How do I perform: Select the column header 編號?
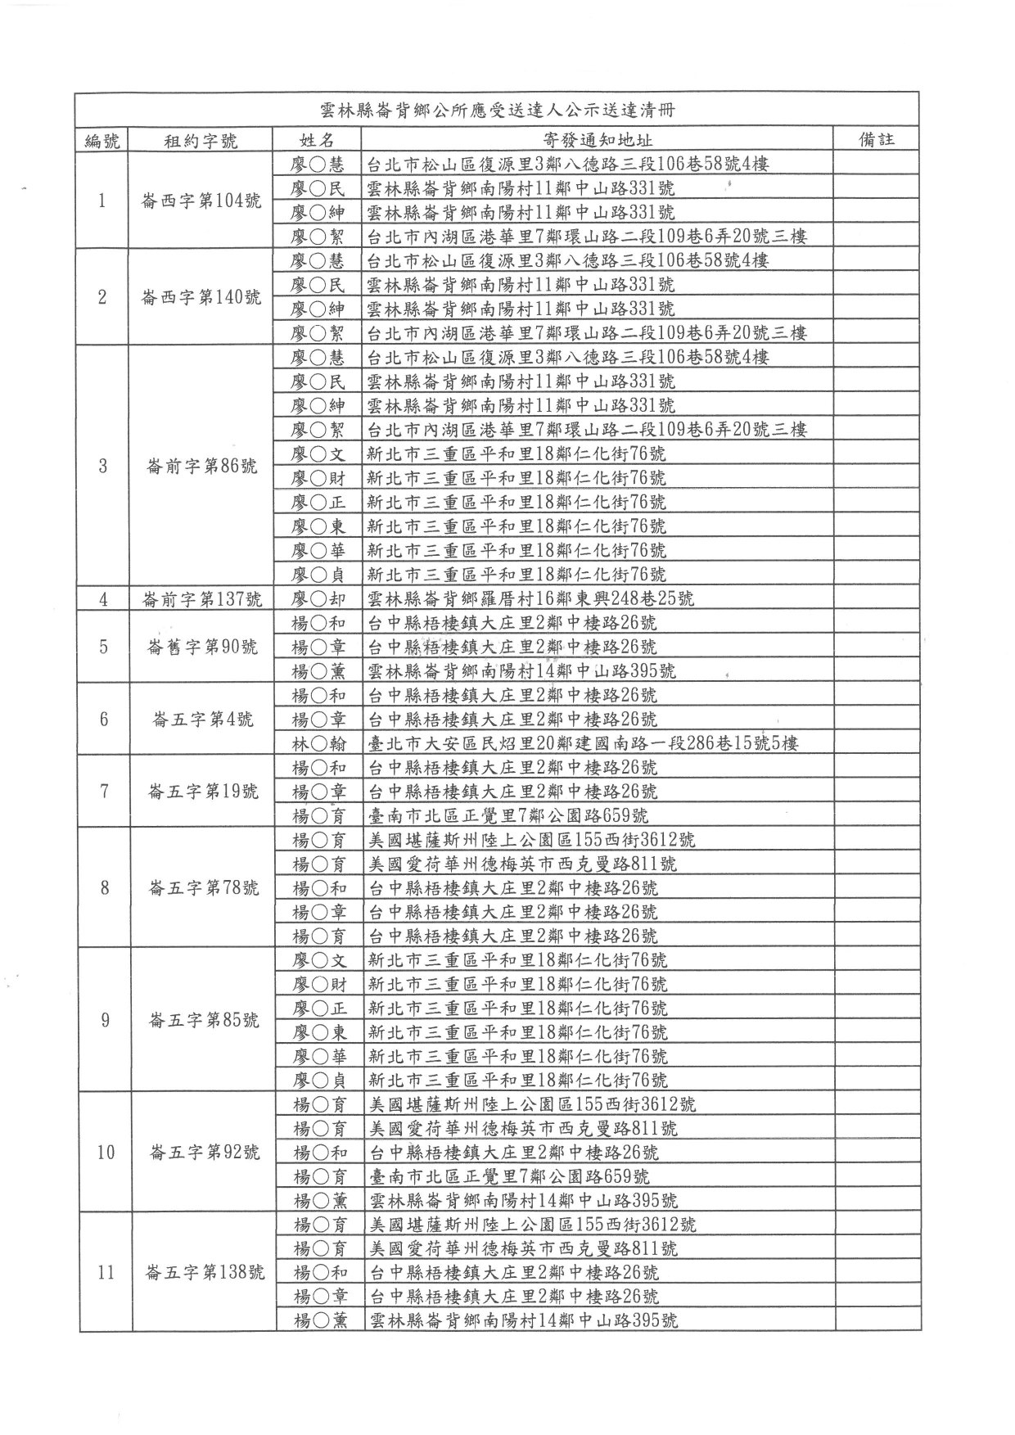tap(102, 140)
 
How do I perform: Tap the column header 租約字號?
tap(201, 141)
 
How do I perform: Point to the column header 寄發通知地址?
tap(598, 140)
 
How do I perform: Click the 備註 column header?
tap(876, 139)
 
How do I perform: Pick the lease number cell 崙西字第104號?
tap(201, 201)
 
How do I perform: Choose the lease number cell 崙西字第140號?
tap(201, 297)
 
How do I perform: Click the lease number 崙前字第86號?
tap(201, 466)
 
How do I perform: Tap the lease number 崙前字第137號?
tap(201, 599)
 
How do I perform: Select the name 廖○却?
tap(318, 599)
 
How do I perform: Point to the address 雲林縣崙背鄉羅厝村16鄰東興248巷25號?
tap(530, 598)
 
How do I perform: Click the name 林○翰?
tap(318, 743)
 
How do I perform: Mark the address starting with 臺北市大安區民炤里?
tap(583, 743)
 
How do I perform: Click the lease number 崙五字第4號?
tap(202, 720)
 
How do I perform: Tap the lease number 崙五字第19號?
tap(202, 792)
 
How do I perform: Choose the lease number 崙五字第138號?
tap(205, 1273)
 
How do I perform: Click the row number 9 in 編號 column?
tap(105, 1020)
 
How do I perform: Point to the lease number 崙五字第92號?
tap(205, 1153)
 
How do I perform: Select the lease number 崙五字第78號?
tap(203, 888)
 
